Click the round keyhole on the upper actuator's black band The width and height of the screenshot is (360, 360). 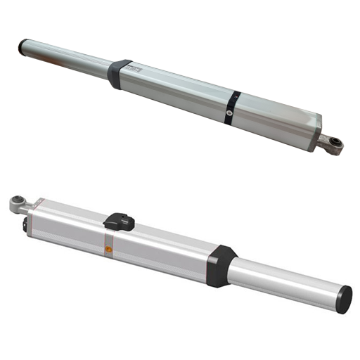[230, 111]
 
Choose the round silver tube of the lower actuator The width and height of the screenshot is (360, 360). [288, 280]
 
